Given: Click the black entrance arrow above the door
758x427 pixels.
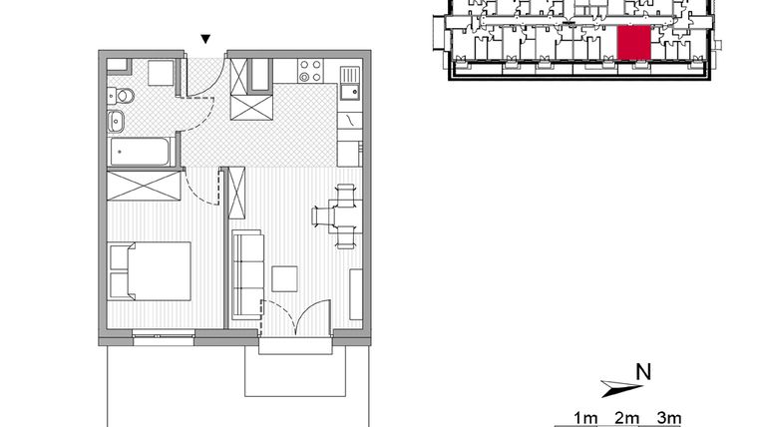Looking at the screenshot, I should tap(205, 39).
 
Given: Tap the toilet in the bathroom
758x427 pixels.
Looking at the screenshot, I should tap(124, 96).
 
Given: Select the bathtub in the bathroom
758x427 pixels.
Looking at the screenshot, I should tap(143, 152).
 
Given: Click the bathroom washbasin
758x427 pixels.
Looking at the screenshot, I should tap(117, 123).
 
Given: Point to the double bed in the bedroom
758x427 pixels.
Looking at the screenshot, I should tap(150, 270).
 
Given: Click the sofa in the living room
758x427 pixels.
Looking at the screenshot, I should tap(246, 273).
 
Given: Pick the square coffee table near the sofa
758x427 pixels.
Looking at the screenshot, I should tap(285, 278).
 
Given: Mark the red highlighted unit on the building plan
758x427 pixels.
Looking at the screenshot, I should tap(634, 44).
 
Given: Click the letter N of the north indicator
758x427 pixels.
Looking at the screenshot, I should tap(643, 372).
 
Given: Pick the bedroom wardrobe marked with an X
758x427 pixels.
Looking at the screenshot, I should tap(146, 186).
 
